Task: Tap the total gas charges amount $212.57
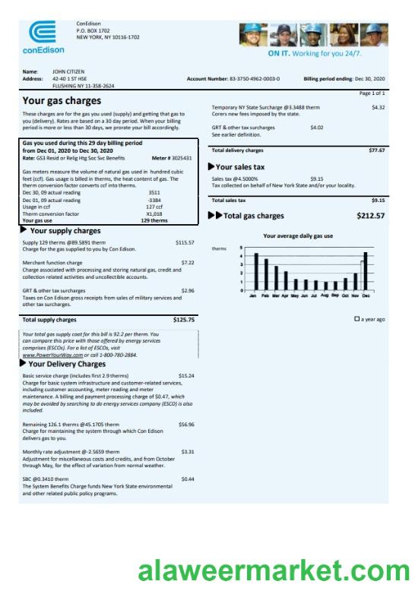click(x=370, y=216)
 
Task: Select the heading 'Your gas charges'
click(x=62, y=100)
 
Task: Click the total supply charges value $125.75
click(x=183, y=320)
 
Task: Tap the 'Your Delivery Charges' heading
click(x=67, y=364)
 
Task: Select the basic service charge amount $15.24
click(x=186, y=375)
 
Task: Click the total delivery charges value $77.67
click(x=376, y=150)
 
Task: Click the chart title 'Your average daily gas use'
click(x=297, y=236)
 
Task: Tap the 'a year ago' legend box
click(x=357, y=320)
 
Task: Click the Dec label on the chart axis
click(x=366, y=295)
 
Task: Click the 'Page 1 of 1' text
click(x=372, y=93)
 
